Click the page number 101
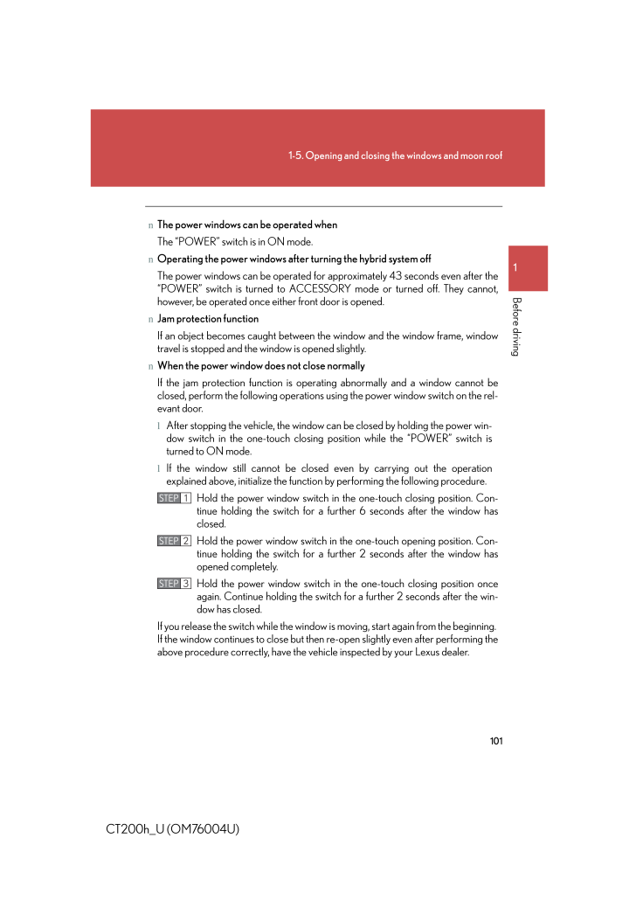(x=496, y=741)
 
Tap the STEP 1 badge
(x=175, y=498)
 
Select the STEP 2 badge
(x=175, y=541)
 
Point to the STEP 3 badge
(x=175, y=583)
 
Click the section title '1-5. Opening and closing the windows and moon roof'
(x=395, y=156)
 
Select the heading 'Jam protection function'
(x=208, y=319)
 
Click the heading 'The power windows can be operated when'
(x=247, y=225)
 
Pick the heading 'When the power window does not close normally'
(x=261, y=365)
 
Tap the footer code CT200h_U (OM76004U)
(x=173, y=827)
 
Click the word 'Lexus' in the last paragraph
(x=417, y=652)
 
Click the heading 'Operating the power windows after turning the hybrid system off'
(x=294, y=259)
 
